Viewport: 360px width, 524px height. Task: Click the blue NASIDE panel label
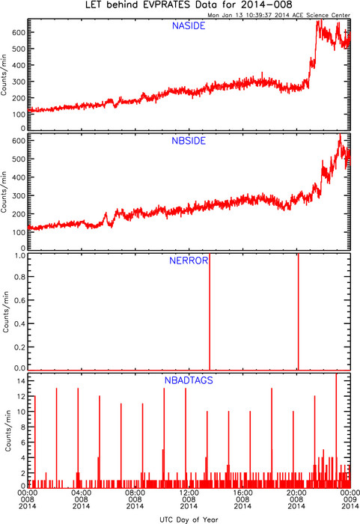click(189, 25)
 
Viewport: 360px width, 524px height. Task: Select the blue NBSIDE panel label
click(189, 141)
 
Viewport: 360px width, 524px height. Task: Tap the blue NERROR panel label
click(189, 261)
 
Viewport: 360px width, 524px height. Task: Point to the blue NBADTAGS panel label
click(189, 380)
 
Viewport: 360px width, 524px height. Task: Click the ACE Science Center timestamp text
click(278, 15)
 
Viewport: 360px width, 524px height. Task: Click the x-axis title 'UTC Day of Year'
click(189, 520)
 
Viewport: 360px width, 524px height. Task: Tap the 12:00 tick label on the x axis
click(189, 493)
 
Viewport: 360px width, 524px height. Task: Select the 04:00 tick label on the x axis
click(82, 493)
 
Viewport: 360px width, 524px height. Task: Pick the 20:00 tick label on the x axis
click(296, 493)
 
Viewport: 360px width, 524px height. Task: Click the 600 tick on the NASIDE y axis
click(19, 32)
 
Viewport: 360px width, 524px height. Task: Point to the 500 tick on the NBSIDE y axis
click(19, 159)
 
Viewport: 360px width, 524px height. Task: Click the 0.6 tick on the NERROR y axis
click(19, 300)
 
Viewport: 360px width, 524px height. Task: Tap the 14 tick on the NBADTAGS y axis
click(22, 381)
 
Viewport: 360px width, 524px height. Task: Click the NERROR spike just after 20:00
click(298, 311)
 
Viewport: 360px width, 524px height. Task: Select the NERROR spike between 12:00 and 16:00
click(210, 311)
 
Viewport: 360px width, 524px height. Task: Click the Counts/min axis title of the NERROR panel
click(6, 311)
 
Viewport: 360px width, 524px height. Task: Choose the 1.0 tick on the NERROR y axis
click(19, 256)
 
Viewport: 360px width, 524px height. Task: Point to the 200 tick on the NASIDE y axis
click(19, 98)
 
